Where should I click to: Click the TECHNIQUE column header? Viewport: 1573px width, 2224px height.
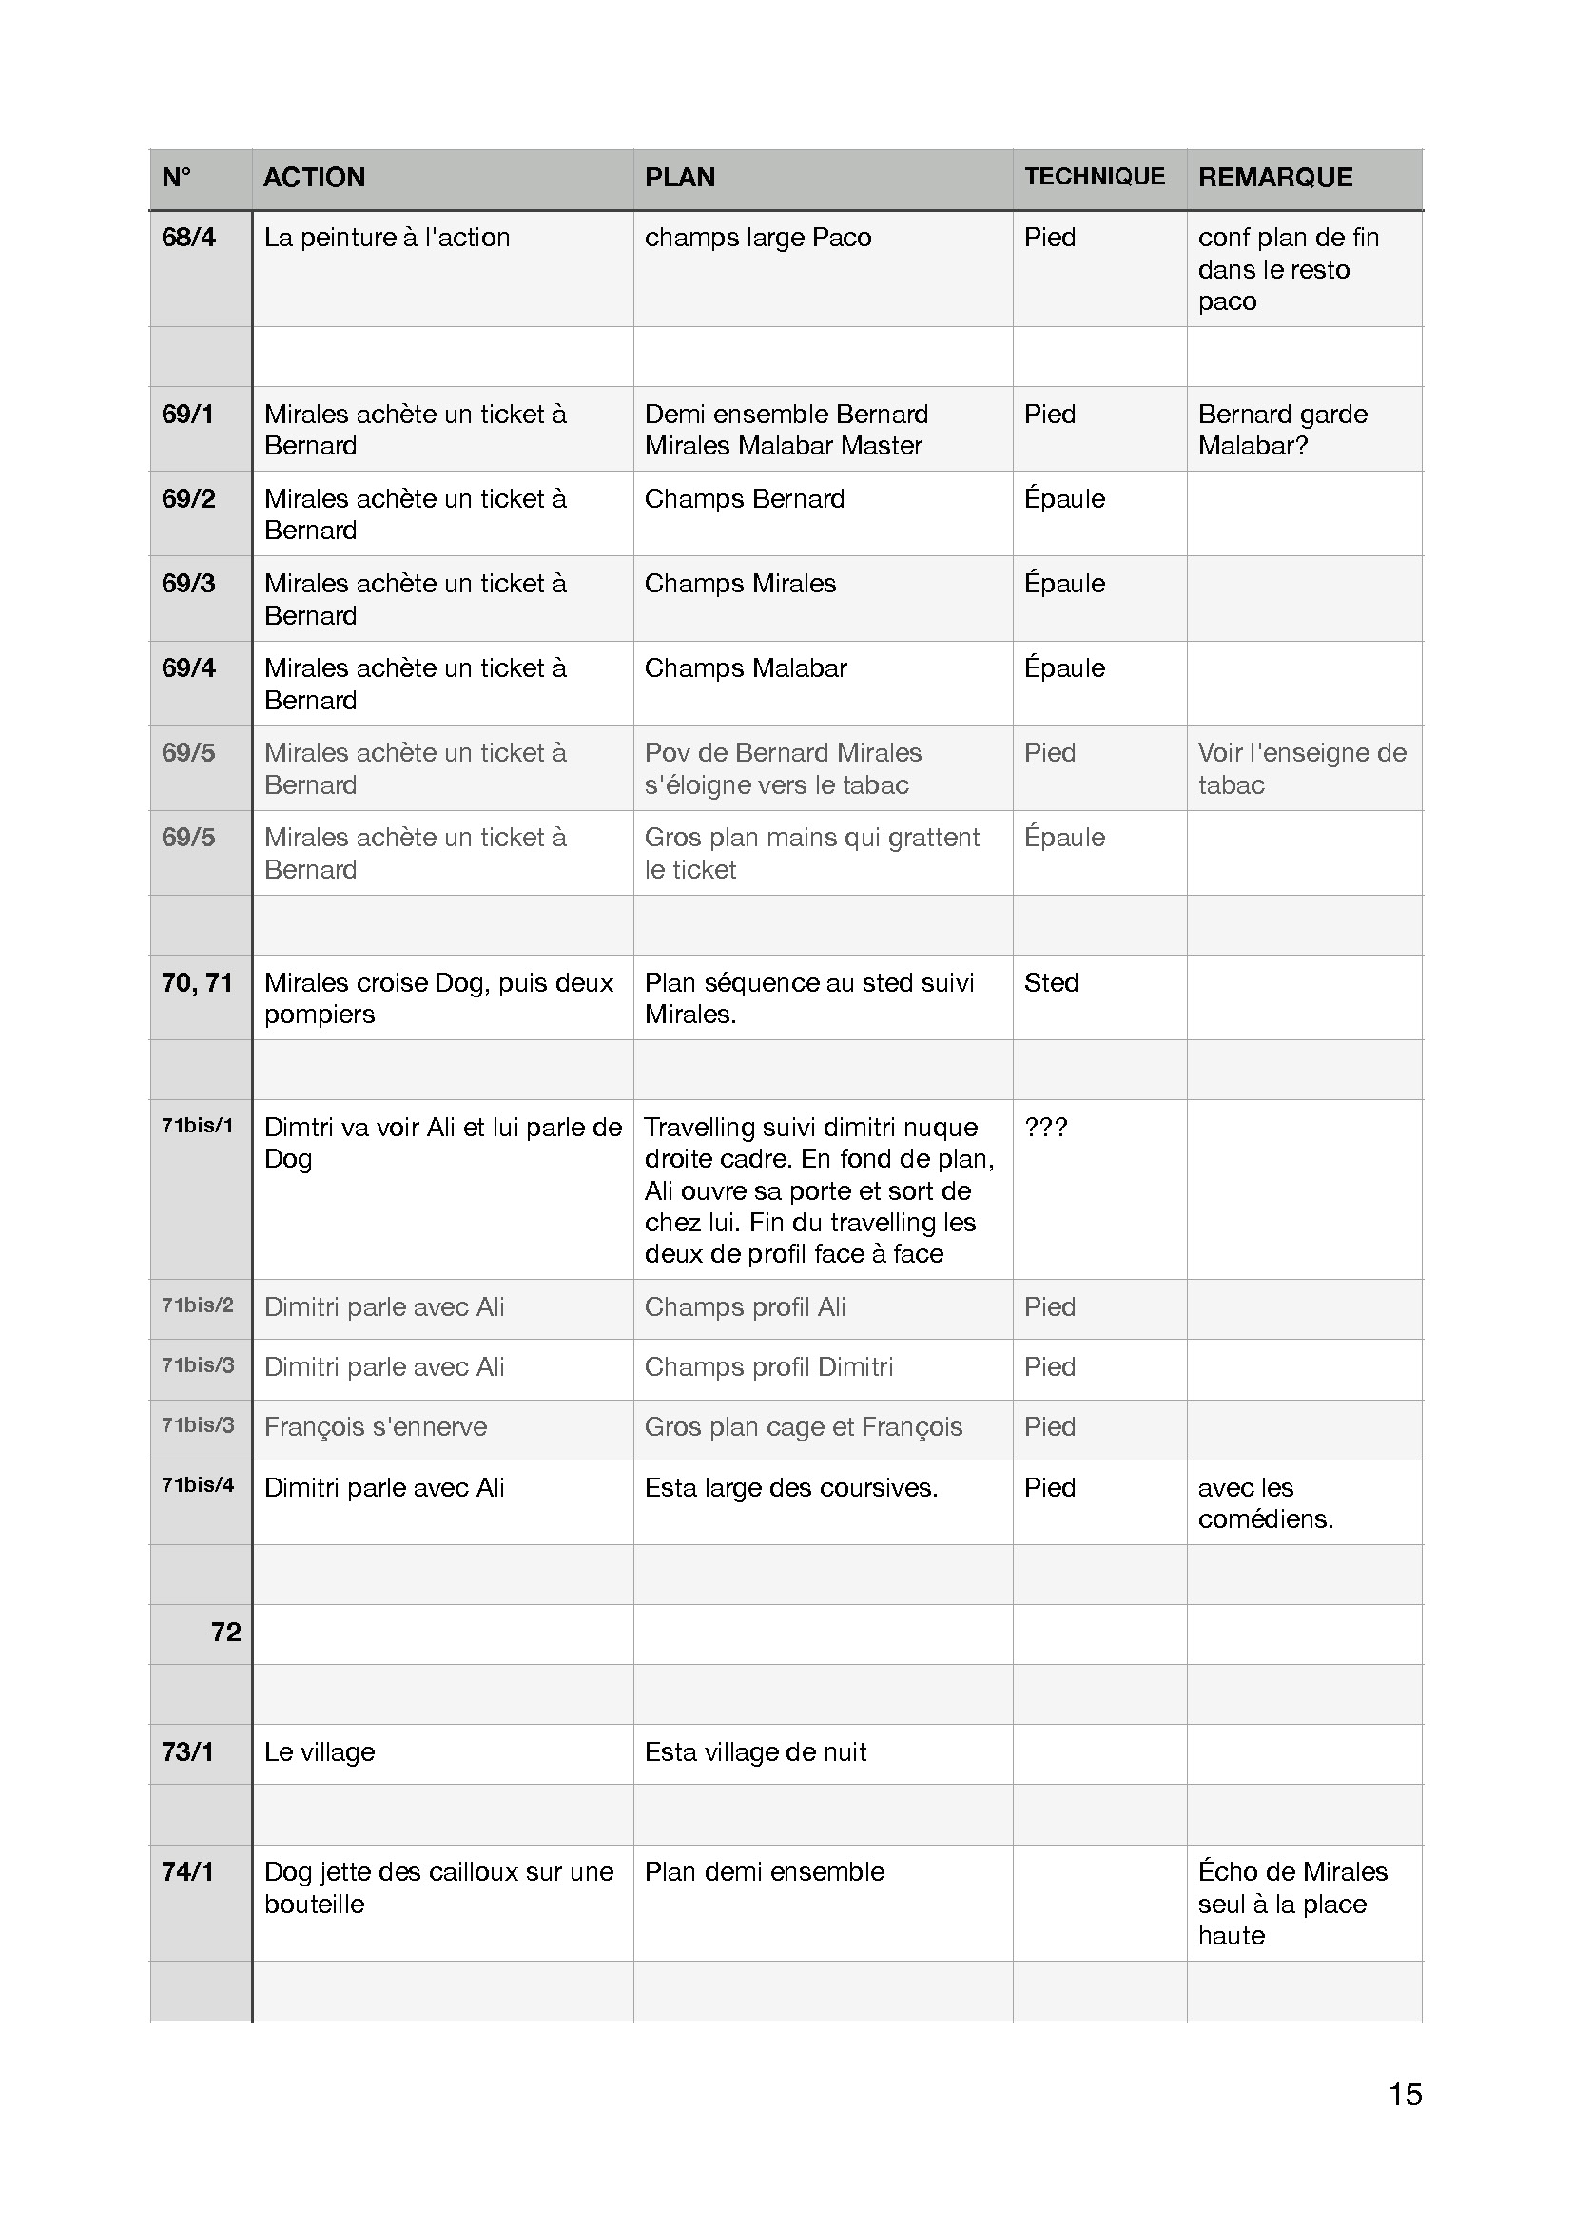(x=1095, y=176)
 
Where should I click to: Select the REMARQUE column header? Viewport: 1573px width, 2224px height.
(x=1274, y=177)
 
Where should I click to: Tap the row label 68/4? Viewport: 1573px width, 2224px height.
(x=189, y=238)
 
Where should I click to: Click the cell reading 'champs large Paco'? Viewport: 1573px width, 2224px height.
(x=757, y=238)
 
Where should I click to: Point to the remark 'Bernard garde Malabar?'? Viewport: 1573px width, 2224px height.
(x=1282, y=430)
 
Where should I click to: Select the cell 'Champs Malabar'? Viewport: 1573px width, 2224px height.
(x=746, y=668)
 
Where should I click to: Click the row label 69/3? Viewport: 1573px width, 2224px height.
(x=189, y=583)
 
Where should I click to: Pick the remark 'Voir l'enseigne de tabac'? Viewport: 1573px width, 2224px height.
(x=1302, y=769)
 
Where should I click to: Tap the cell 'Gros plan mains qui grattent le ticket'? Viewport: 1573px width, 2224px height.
(x=811, y=853)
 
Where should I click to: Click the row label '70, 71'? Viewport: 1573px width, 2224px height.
(x=198, y=983)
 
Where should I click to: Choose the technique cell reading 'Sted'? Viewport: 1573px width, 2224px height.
(x=1051, y=983)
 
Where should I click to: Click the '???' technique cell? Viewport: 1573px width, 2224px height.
(x=1046, y=1128)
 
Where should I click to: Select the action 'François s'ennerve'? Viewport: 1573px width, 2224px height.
(x=376, y=1427)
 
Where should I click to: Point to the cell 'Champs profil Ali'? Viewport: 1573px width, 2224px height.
(x=745, y=1307)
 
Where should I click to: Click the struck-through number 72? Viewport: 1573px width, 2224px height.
(x=225, y=1633)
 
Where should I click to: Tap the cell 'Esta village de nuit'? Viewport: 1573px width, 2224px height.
(x=755, y=1752)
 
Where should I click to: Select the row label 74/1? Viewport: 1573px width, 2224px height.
(x=188, y=1872)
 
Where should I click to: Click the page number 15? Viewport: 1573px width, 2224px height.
(x=1405, y=2094)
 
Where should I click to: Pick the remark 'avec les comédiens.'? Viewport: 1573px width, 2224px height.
(x=1265, y=1503)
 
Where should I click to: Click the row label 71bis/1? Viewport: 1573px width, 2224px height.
(x=198, y=1127)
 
